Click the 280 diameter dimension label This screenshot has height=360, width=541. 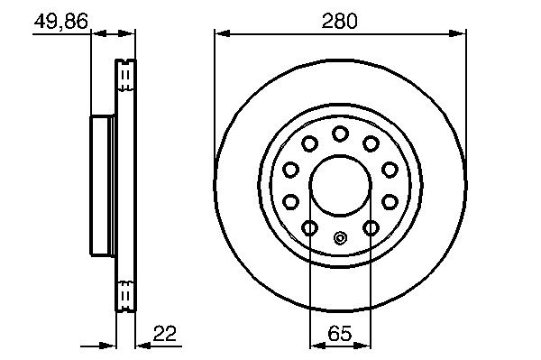[339, 22]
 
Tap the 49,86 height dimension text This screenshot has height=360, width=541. [61, 22]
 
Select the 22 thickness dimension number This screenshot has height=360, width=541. [165, 334]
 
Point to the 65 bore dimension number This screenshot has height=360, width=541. [340, 334]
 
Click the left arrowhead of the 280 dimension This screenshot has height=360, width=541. [223, 33]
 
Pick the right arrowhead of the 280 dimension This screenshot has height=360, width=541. [458, 33]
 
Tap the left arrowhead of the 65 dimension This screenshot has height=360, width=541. [317, 346]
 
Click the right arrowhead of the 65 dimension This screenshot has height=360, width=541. [363, 346]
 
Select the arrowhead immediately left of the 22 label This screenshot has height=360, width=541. [143, 346]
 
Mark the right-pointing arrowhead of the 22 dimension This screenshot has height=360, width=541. [107, 346]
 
